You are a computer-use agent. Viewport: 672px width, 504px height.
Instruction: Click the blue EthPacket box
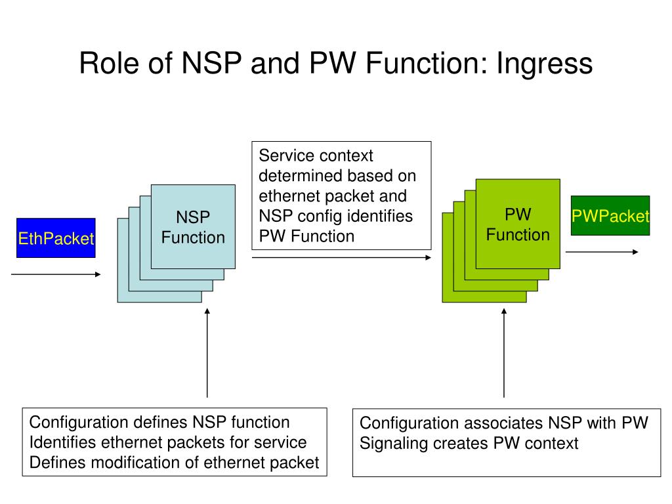click(56, 238)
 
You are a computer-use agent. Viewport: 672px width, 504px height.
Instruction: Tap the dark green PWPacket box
click(610, 215)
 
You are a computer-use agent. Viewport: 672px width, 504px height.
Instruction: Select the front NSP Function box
click(193, 226)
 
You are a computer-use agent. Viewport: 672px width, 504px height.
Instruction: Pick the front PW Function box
click(518, 224)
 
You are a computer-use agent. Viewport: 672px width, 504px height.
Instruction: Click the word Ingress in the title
click(545, 64)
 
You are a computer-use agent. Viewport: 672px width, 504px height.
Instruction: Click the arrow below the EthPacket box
click(56, 274)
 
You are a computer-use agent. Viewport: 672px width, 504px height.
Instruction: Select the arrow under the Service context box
click(341, 257)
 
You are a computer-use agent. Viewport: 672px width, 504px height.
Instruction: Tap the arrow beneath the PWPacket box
click(602, 252)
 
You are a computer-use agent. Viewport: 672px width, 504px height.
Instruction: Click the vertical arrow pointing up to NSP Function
click(207, 352)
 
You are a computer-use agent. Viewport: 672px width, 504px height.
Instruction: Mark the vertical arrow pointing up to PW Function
click(504, 352)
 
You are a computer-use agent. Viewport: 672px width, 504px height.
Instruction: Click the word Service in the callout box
click(285, 156)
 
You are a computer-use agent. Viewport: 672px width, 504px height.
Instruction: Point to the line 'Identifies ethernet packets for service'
click(168, 442)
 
